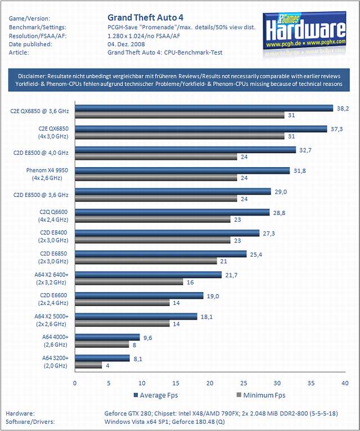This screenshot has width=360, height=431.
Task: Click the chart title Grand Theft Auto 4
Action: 145,17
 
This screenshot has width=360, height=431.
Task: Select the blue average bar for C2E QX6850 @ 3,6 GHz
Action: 205,107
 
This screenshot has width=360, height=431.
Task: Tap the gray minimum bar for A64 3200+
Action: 88,365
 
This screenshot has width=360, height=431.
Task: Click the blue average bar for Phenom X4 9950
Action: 182,170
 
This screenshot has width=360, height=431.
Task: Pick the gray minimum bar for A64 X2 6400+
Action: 129,281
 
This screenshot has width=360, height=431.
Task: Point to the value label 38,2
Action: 343,107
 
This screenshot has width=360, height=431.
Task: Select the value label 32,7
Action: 306,150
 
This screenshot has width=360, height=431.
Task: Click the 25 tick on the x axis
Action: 244,382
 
